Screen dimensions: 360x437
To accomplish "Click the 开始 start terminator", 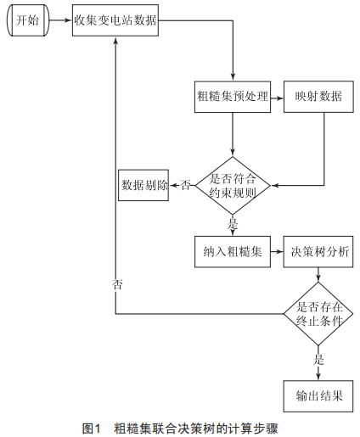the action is [x=28, y=20].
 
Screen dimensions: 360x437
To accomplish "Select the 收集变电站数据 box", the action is [x=115, y=20].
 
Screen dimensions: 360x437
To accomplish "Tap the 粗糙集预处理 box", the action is [x=233, y=97].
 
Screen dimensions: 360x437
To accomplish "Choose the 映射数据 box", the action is [x=318, y=97].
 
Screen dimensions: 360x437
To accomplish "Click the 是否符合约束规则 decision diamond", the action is [x=233, y=186].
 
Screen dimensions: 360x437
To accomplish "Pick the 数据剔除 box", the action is [x=143, y=186].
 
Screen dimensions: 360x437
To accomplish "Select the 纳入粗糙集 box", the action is [x=233, y=252].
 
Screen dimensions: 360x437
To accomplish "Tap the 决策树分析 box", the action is [x=318, y=252].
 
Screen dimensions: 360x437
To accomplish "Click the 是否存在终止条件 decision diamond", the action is [x=318, y=314].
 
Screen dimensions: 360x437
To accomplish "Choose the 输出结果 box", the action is [x=318, y=396].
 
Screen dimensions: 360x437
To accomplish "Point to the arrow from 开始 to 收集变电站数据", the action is [x=60, y=20].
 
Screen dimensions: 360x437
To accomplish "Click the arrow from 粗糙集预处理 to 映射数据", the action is [x=277, y=98].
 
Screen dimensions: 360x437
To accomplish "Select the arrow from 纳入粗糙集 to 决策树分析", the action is [x=277, y=251].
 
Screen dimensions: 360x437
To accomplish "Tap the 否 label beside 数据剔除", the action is [x=185, y=186].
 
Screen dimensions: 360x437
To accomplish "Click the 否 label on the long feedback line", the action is [x=117, y=284].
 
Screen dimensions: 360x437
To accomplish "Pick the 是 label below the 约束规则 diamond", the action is [x=233, y=223].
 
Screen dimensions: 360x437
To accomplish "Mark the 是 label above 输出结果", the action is [x=318, y=360].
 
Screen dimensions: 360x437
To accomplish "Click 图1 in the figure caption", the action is [x=91, y=429].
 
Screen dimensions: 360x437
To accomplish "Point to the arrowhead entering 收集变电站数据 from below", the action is [x=115, y=40].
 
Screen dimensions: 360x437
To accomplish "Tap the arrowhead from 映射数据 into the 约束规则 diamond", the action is [x=274, y=186].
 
